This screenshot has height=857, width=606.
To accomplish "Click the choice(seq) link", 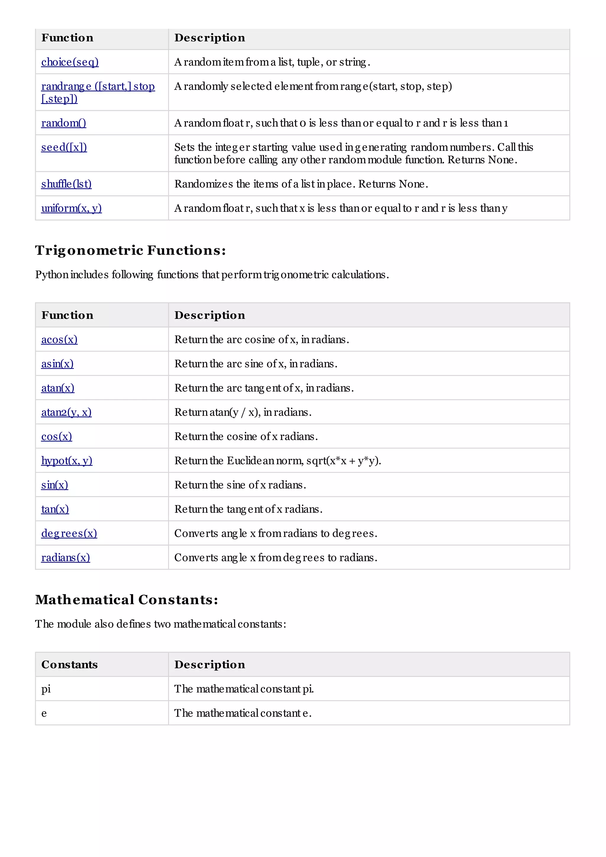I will pos(70,62).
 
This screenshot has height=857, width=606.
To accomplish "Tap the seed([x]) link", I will pos(64,147).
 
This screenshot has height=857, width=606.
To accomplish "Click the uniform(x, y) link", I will pos(71,208).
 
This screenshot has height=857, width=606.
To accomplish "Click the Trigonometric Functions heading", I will pos(130,250).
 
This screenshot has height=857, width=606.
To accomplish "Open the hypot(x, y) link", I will pos(67,461).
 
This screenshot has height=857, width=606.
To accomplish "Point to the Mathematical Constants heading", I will pos(127,600).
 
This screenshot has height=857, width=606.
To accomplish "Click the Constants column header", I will pos(70,664).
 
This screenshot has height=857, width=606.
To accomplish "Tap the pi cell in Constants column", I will pos(46,689).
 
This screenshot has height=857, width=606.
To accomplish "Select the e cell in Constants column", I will pos(44,713).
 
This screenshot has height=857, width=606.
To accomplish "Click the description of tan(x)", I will pos(248,509).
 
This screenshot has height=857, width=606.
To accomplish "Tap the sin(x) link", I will pos(54,485).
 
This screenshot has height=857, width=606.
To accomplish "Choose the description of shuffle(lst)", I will pos(301,184).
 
